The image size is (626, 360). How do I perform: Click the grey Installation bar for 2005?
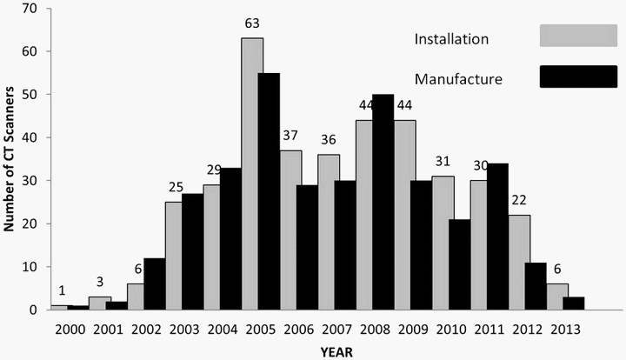252,174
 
